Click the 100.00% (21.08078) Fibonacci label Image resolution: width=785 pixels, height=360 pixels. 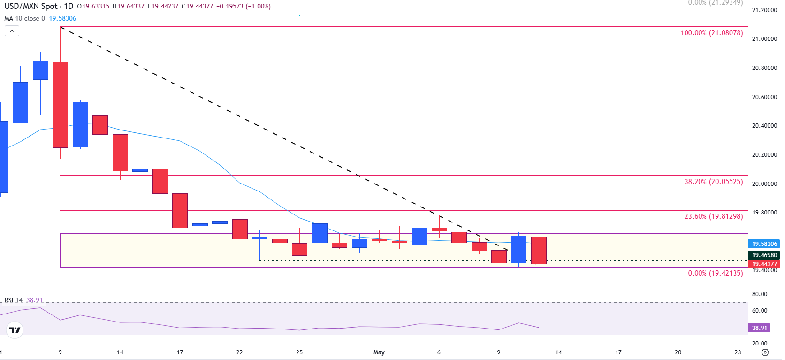pos(711,33)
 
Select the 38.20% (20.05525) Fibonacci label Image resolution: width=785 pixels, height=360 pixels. pos(713,182)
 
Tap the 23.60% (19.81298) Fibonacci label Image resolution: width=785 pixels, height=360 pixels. pos(713,216)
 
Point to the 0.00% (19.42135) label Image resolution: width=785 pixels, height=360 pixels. pos(715,273)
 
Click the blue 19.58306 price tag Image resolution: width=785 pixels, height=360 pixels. pos(764,244)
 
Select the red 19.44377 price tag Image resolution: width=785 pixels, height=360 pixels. pos(764,264)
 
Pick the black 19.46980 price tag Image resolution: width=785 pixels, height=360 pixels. pos(764,255)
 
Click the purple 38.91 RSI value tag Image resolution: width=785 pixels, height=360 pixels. pos(759,328)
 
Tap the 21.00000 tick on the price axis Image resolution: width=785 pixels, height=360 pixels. pos(764,39)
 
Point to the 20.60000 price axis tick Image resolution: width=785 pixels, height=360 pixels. pos(764,97)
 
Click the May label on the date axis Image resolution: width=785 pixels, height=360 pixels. pos(379,352)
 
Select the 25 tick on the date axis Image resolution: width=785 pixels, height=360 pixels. pos(299,352)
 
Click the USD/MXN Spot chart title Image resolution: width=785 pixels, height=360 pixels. pos(31,7)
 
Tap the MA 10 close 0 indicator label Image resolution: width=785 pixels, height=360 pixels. pos(24,19)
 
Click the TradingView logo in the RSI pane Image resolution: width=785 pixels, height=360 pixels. pos(15,330)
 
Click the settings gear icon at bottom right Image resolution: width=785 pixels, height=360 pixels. pos(765,352)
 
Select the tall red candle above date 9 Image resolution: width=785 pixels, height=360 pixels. pos(60,105)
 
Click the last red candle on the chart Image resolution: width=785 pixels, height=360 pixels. pos(539,250)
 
